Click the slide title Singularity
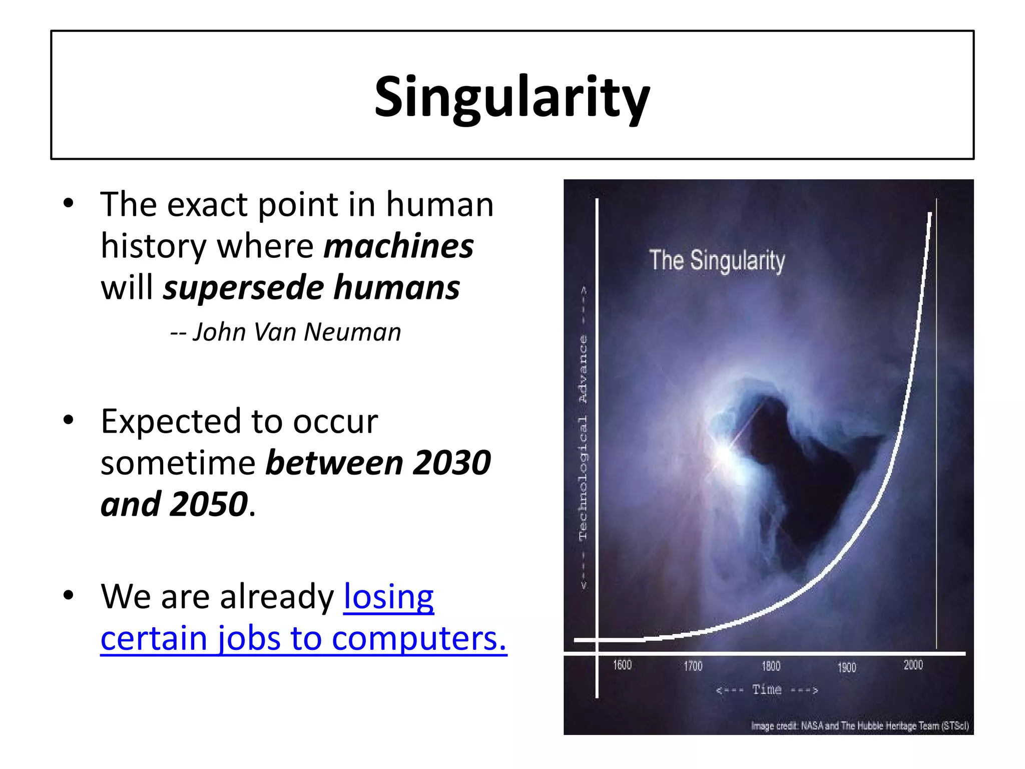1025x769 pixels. coord(512,97)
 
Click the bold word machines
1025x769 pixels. coord(398,246)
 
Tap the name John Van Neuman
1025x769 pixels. coord(297,332)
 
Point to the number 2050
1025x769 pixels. coord(209,504)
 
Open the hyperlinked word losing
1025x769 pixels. coord(388,596)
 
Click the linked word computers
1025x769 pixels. coord(419,638)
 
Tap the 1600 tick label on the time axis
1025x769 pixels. coord(622,665)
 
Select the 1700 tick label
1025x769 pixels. coord(693,666)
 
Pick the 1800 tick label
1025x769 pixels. coord(771,666)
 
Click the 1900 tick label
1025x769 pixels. coord(847,667)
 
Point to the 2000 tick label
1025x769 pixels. coord(913,665)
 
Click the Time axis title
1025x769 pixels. coord(767,690)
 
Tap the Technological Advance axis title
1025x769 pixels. coord(583,438)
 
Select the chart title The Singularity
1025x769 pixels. coord(717,261)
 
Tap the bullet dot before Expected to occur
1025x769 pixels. coord(69,421)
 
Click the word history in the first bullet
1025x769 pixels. coord(153,246)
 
